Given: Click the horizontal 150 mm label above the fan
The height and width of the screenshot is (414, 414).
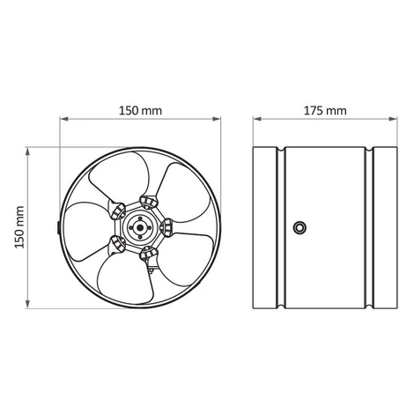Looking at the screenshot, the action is (x=140, y=111).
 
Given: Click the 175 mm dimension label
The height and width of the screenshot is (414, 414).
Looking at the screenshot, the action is (x=325, y=111).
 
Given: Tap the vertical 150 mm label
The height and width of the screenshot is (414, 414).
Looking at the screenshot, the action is (x=19, y=227).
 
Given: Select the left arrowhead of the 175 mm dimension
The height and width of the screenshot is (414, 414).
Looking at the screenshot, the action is (x=257, y=119).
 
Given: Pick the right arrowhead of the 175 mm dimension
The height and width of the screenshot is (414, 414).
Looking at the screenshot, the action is (x=393, y=119).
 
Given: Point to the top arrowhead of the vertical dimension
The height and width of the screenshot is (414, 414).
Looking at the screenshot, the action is (x=28, y=152).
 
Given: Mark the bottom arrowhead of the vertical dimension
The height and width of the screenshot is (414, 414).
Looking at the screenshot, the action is (x=28, y=304).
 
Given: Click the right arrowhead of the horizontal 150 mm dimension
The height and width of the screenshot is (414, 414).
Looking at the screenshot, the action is (x=217, y=119).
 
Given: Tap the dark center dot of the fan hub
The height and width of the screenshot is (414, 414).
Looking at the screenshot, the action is (x=140, y=227).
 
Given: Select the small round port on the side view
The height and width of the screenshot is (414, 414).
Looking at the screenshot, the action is (x=299, y=227).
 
